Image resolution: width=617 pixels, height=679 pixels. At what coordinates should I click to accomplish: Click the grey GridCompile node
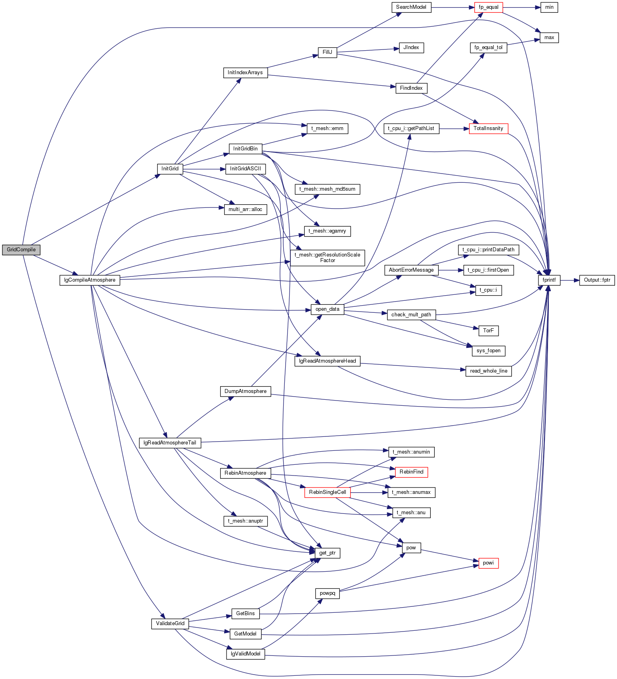21,250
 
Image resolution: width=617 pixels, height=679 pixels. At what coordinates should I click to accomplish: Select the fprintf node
549,280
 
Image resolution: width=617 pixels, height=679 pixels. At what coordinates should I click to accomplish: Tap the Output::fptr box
597,280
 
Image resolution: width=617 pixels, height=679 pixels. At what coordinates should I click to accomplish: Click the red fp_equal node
489,7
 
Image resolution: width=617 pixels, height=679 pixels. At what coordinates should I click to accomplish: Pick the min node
549,7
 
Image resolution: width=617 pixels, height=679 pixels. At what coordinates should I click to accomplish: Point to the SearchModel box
411,7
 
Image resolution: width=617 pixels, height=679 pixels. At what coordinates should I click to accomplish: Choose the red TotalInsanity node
489,128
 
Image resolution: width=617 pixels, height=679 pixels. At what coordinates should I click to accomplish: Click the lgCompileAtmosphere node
90,280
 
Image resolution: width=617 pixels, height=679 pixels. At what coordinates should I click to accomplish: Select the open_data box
327,309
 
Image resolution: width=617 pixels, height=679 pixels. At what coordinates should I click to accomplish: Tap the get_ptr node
327,553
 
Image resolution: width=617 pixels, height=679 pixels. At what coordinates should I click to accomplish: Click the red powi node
489,563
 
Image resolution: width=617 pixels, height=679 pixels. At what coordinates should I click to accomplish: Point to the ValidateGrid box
170,624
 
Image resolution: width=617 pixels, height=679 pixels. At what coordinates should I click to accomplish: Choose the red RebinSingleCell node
327,492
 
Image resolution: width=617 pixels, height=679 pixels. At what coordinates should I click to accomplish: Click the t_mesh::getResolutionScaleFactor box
327,258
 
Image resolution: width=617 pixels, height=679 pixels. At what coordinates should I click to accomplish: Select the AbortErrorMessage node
411,270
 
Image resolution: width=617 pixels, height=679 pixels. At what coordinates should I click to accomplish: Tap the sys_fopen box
489,351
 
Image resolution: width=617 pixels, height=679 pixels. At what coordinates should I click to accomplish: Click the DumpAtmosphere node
245,391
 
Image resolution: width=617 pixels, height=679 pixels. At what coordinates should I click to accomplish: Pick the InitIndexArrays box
245,73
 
